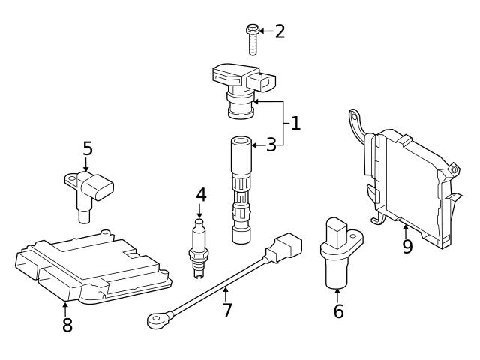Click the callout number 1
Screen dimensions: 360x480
295,124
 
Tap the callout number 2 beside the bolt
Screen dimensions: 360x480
280,31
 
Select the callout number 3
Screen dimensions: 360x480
271,145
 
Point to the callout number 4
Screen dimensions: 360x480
201,195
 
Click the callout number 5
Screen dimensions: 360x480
88,148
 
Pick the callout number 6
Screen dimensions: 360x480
339,310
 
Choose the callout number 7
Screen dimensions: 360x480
227,310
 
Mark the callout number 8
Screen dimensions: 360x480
67,325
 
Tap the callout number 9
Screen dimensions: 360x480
407,246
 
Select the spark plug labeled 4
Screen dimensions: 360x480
199,244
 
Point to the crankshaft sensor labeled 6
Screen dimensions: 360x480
337,251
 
